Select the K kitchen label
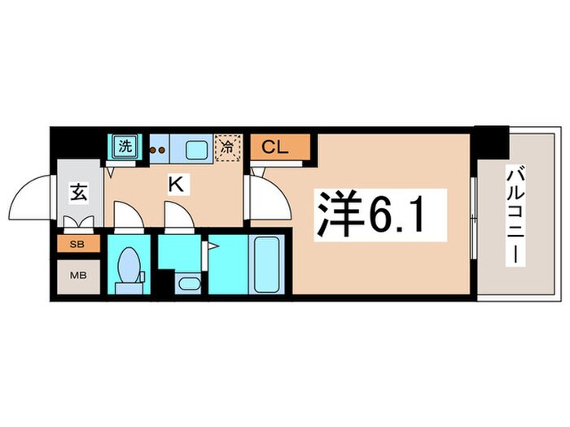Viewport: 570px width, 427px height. click(175, 185)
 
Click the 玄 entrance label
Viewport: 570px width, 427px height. click(79, 194)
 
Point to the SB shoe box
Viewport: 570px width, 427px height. click(78, 243)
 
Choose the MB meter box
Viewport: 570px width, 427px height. click(78, 276)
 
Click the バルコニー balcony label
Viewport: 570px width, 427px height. click(515, 215)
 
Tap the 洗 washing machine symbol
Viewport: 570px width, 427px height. click(125, 147)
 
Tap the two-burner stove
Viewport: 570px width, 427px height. click(157, 150)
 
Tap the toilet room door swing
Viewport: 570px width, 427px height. click(127, 216)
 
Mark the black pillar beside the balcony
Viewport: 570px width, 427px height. click(491, 143)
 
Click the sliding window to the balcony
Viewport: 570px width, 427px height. click(473, 216)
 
